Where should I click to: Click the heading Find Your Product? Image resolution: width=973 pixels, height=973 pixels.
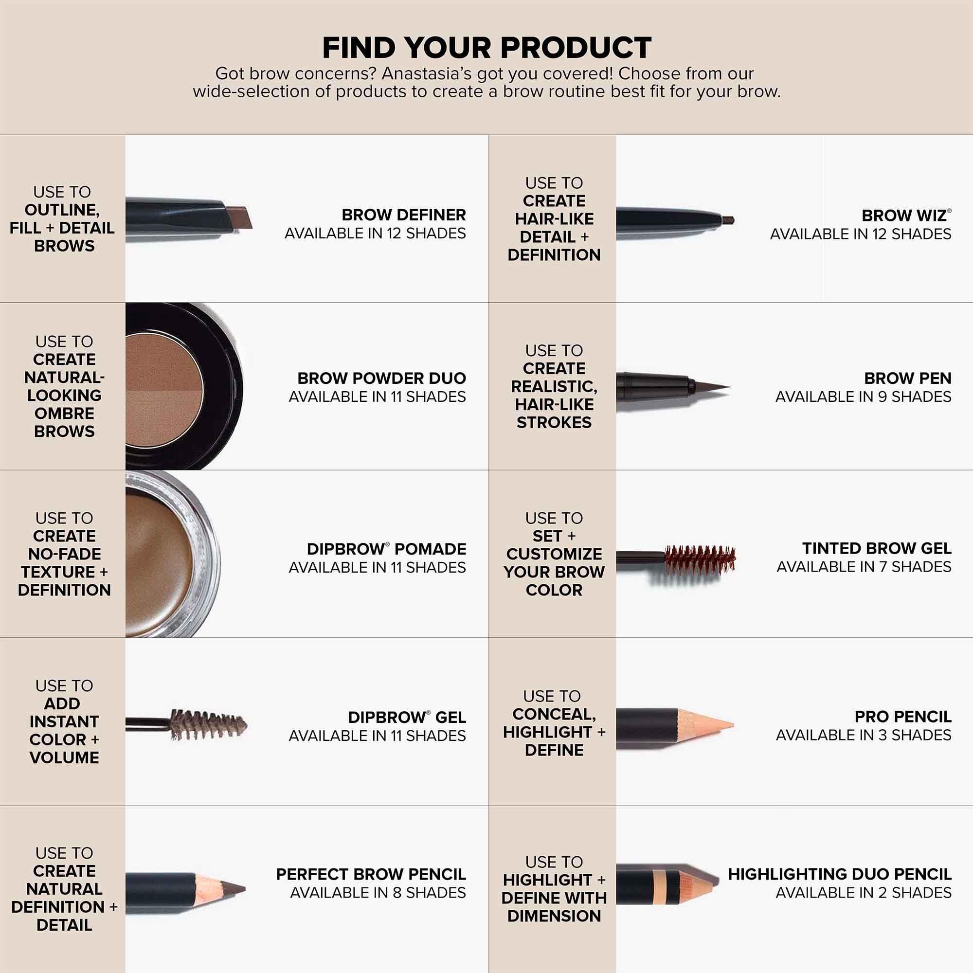tap(486, 48)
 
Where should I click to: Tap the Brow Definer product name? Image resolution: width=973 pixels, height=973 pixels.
tap(403, 215)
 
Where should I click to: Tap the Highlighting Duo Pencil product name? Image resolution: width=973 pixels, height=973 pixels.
tap(840, 874)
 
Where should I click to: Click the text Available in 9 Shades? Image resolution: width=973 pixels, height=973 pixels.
tap(863, 397)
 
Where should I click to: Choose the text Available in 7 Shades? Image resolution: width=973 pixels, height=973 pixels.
tap(864, 567)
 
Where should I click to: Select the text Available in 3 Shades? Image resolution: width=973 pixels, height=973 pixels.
tap(863, 735)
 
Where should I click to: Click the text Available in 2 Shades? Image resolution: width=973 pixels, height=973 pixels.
tap(863, 893)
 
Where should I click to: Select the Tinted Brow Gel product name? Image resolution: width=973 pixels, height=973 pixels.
tap(876, 548)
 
